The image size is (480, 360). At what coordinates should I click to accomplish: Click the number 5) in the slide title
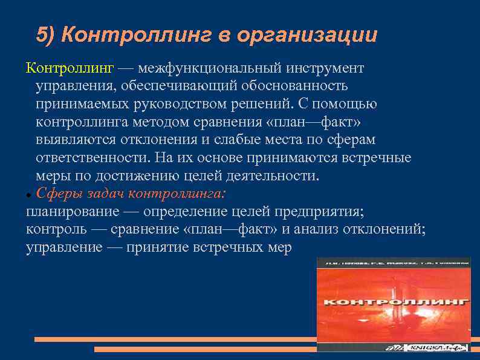(x=46, y=35)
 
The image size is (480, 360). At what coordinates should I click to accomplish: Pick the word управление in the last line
(x=63, y=247)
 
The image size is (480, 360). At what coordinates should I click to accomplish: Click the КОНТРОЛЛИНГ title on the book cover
(x=394, y=301)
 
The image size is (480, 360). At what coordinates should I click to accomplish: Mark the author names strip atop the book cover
(x=394, y=263)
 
